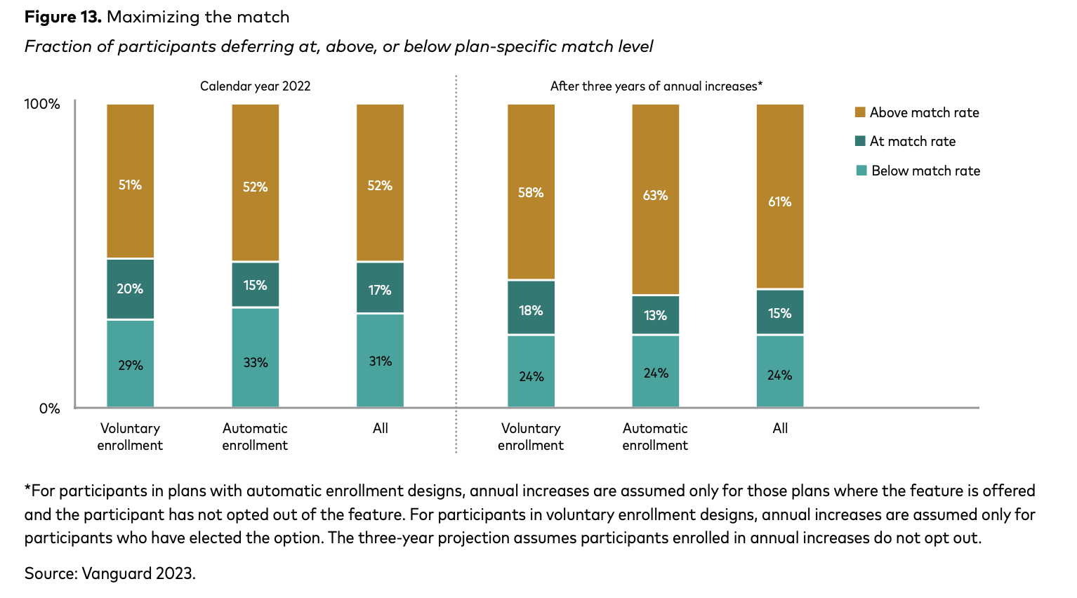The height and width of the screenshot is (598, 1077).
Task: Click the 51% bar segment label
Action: (130, 185)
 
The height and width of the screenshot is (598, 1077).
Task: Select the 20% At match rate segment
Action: (130, 289)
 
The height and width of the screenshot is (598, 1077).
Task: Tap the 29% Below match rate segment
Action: (130, 365)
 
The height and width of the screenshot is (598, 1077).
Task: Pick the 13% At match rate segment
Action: (655, 315)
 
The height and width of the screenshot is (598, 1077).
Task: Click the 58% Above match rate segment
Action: (531, 192)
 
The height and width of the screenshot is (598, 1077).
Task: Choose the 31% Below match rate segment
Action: (380, 361)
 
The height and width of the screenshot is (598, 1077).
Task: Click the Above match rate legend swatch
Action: (860, 112)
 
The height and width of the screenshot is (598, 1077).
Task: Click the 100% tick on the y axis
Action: (43, 104)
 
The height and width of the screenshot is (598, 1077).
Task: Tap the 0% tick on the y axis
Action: (49, 408)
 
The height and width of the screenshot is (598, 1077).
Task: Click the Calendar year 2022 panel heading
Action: (255, 86)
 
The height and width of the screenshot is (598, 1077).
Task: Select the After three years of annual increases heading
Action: (656, 86)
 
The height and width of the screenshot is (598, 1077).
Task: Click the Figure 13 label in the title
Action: (63, 17)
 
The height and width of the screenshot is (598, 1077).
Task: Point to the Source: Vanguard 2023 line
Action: (110, 573)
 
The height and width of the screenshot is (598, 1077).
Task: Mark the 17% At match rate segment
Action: (380, 288)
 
